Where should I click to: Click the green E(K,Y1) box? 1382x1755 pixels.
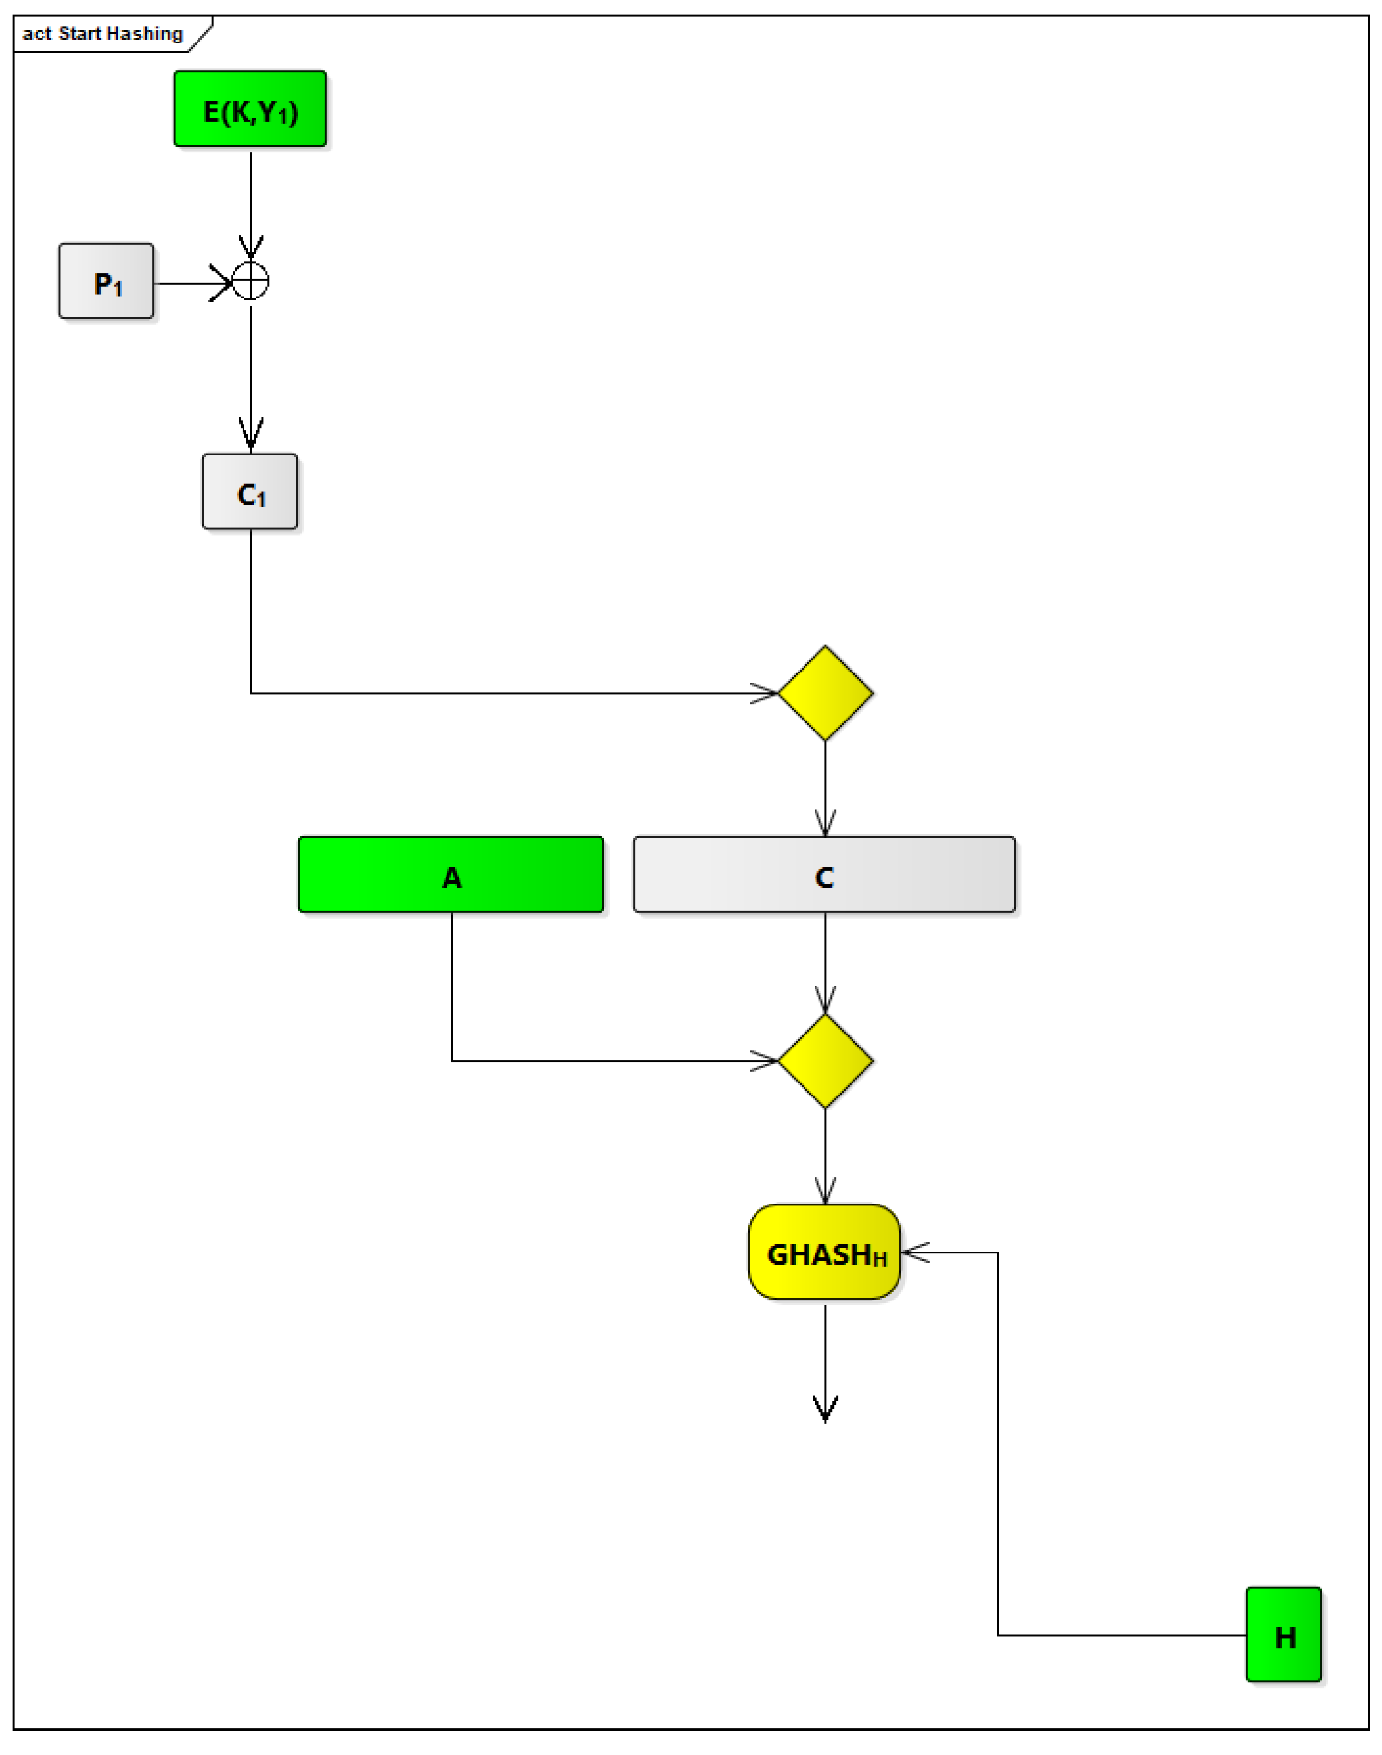click(250, 109)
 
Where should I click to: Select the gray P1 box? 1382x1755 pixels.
click(106, 281)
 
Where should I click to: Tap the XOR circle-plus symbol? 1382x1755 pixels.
click(251, 282)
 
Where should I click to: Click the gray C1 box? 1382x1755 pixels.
click(250, 491)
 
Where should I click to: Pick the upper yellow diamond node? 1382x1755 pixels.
click(826, 693)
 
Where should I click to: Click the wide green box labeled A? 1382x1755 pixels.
click(451, 875)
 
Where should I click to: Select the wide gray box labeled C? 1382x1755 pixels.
click(824, 875)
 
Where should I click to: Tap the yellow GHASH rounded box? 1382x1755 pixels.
click(824, 1252)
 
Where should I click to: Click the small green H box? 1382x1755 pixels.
click(1283, 1634)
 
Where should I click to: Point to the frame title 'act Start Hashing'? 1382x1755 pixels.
click(102, 33)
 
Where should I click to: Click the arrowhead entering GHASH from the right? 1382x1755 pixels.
click(914, 1252)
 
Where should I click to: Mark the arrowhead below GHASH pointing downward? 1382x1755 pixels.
click(826, 1410)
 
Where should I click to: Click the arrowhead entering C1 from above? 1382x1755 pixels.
click(251, 435)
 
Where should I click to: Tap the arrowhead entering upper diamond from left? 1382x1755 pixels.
click(765, 693)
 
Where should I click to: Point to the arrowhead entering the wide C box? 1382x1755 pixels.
click(826, 823)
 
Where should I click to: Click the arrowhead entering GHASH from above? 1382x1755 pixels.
click(826, 1192)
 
